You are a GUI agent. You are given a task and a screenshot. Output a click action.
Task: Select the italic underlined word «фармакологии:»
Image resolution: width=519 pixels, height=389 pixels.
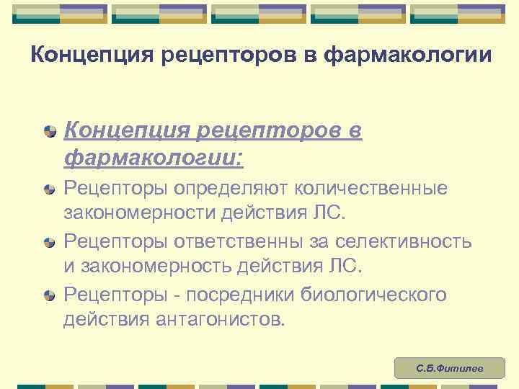point(154,156)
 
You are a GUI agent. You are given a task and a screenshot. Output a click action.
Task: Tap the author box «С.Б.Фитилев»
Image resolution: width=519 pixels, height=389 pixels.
point(450,369)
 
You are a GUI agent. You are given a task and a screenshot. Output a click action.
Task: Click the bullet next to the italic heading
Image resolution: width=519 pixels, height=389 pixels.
point(48,130)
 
